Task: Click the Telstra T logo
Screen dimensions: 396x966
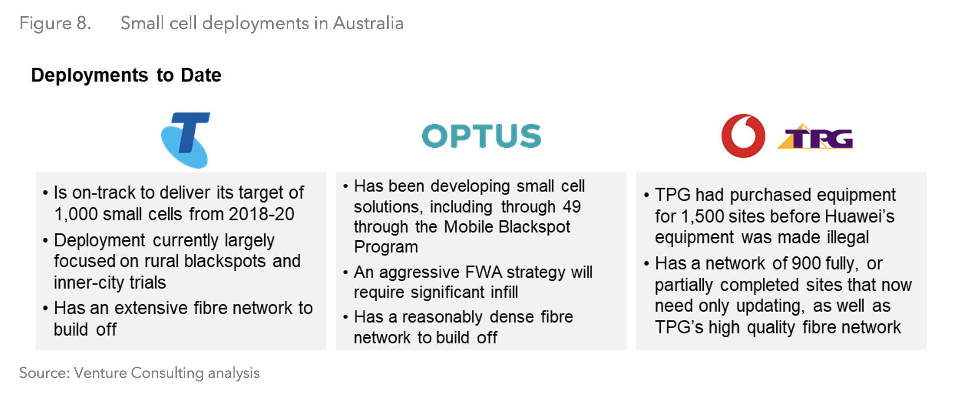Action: (185, 140)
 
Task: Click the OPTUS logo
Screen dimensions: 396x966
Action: (481, 136)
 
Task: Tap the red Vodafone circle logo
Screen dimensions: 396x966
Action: (743, 136)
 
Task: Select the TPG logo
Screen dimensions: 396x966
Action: (816, 138)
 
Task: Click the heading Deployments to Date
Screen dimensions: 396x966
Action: (126, 75)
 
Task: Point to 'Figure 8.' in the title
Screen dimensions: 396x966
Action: (55, 24)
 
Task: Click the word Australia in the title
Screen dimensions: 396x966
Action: (368, 24)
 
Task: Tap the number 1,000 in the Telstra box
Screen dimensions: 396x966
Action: (75, 215)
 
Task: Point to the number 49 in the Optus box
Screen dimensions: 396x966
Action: (571, 207)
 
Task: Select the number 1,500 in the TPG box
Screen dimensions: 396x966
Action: (702, 217)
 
